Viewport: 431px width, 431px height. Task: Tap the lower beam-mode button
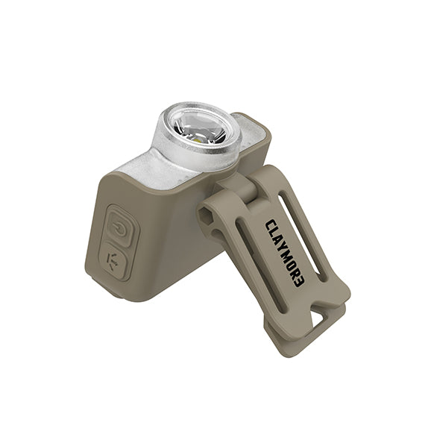(113, 260)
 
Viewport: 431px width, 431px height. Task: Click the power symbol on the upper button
(120, 230)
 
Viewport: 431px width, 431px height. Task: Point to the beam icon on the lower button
(112, 262)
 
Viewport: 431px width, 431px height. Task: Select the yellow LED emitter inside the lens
(197, 140)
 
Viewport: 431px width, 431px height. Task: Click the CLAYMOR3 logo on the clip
(285, 253)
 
